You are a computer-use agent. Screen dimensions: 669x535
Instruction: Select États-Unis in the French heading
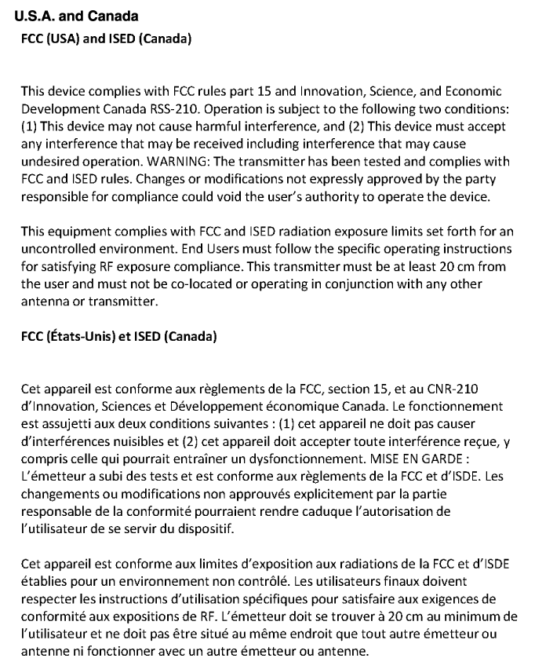point(85,337)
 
